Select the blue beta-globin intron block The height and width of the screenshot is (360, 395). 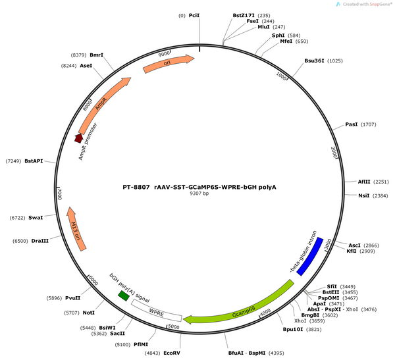point(310,257)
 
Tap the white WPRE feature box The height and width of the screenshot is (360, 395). point(156,311)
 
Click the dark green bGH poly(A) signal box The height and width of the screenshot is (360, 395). point(124,296)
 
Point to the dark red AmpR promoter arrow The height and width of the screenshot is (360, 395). point(79,138)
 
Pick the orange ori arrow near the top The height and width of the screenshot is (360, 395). point(169,63)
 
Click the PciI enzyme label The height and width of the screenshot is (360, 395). point(194,16)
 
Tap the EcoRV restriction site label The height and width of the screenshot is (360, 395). point(172,353)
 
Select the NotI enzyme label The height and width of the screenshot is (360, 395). point(89,313)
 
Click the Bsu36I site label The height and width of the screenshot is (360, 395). point(314,61)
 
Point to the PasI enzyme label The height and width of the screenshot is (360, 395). point(351,124)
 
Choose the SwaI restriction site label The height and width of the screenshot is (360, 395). point(36,218)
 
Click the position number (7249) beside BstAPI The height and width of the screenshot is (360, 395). point(13,161)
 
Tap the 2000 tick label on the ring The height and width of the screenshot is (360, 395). point(334,153)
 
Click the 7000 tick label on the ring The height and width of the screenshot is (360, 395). point(59,194)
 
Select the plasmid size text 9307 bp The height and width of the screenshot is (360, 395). point(199,193)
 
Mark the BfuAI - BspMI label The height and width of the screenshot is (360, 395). point(247,353)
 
